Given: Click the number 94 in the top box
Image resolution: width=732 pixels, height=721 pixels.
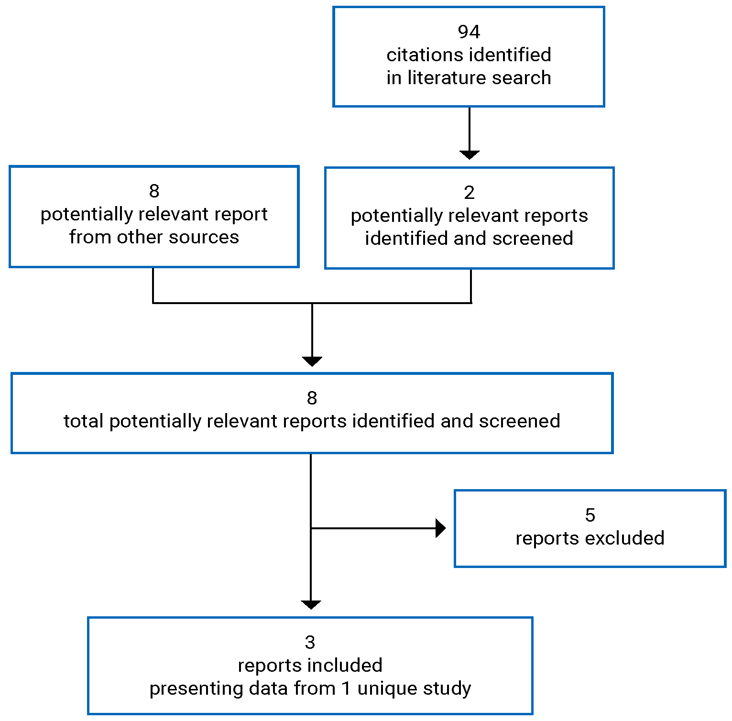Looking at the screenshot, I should point(469,32).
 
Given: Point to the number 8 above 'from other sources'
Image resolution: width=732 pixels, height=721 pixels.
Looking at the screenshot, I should point(154,191).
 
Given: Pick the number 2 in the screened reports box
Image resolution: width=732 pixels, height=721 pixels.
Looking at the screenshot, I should point(469,193).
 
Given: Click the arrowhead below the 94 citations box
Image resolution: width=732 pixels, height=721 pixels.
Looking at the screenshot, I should point(470,154).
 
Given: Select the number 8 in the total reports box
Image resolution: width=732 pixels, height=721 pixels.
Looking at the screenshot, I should point(312,398).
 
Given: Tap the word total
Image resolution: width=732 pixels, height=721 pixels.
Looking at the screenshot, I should point(84,421).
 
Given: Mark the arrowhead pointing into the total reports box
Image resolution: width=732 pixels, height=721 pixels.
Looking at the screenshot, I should point(312,361).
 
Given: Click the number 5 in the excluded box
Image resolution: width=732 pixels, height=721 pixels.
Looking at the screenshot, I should point(590,515).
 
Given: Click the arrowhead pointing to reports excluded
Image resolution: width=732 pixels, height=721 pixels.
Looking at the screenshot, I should point(440,528).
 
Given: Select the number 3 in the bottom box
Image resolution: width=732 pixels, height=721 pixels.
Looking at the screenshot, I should point(310,643).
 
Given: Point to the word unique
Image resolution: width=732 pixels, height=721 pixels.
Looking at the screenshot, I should point(390,689).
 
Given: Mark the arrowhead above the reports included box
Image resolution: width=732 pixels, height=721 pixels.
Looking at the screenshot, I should point(311,605).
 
